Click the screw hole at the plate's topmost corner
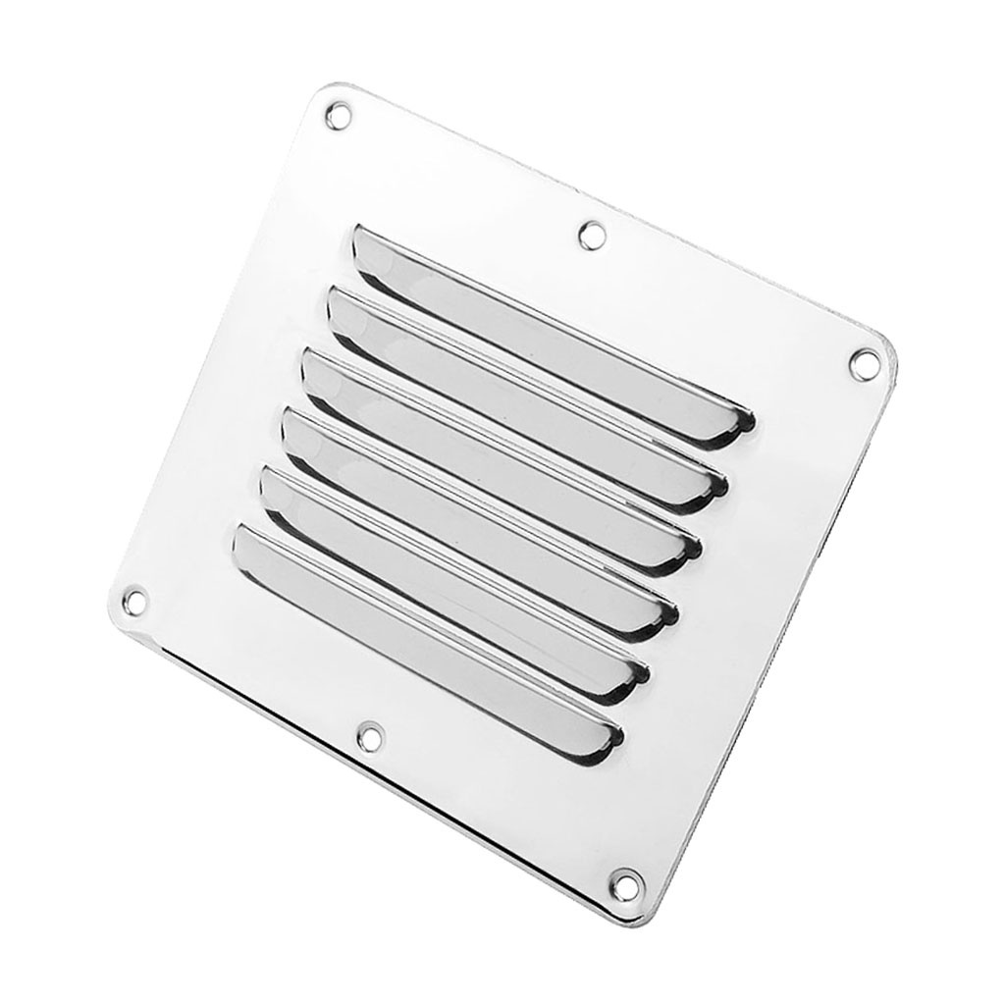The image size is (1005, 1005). click(338, 114)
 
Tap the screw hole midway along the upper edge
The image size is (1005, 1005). click(592, 235)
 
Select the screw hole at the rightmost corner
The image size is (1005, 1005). click(865, 362)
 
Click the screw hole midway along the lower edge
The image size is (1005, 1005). click(369, 733)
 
